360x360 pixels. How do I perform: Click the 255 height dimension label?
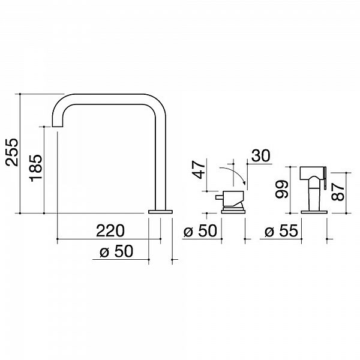tap(12, 152)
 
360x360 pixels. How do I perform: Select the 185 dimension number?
tap(36, 168)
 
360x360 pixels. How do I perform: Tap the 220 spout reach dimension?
tap(110, 230)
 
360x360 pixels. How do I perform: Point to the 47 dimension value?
tap(199, 170)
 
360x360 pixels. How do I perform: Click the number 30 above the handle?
tap(261, 155)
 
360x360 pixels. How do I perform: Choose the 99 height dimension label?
tap(282, 189)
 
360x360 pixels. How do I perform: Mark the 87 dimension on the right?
tap(338, 192)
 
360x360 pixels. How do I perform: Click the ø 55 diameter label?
tap(281, 230)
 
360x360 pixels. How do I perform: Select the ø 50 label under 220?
tap(116, 251)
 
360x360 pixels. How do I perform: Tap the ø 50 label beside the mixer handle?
tap(200, 230)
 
